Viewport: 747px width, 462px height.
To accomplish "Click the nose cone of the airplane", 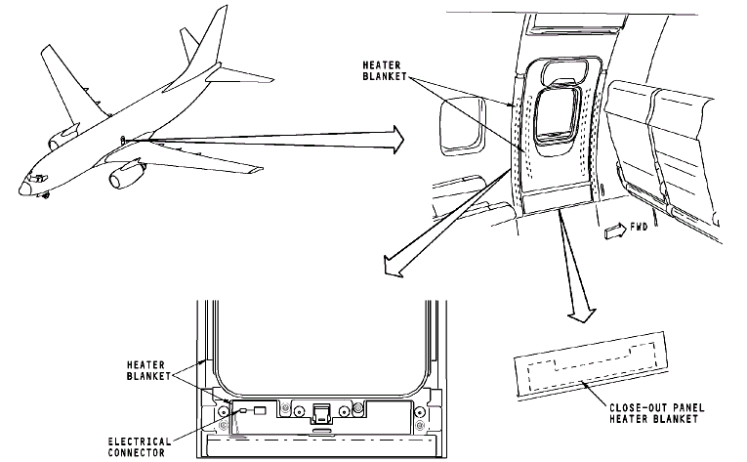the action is click(x=22, y=189).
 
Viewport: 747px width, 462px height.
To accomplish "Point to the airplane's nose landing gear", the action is click(x=46, y=194).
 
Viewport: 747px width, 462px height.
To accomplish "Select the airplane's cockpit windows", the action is click(x=36, y=179).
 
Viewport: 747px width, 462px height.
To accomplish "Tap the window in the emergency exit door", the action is click(x=557, y=116).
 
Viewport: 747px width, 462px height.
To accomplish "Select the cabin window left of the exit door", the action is click(x=462, y=126).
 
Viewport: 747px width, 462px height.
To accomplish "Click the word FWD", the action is click(x=639, y=227).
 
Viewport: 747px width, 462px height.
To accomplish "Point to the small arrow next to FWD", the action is click(x=615, y=231).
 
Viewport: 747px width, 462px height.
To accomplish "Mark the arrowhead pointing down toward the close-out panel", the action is click(x=582, y=315).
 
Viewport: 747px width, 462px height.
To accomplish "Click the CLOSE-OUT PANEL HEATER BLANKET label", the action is click(x=656, y=413).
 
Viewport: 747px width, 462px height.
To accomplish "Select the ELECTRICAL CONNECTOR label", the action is click(x=139, y=447).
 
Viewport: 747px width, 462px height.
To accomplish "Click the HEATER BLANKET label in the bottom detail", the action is click(x=148, y=370).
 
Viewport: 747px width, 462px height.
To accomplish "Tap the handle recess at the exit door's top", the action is click(x=562, y=70).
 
